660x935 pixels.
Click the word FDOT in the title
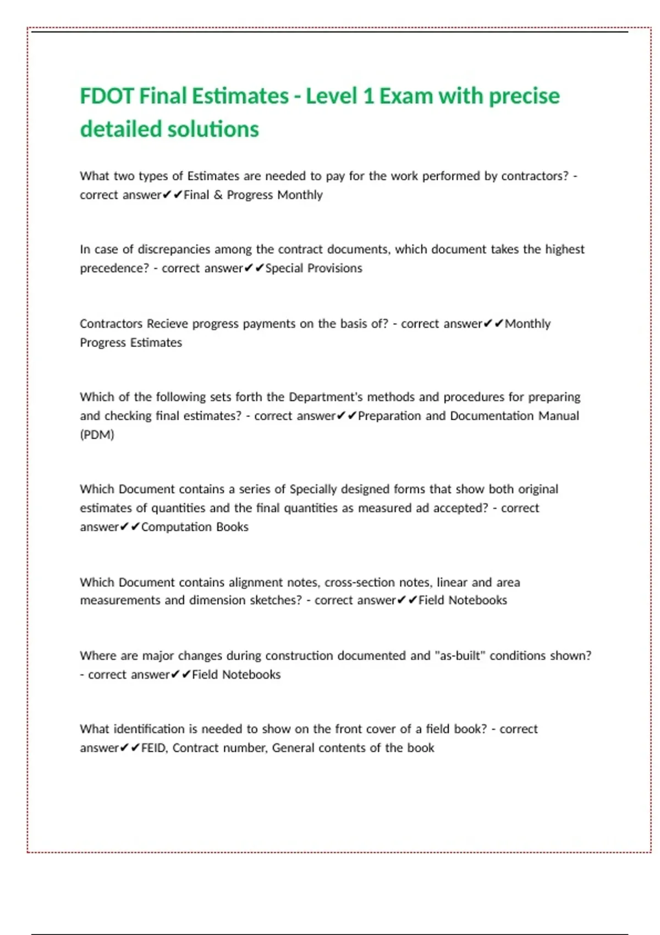(x=107, y=96)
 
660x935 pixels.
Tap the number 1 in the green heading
(x=368, y=96)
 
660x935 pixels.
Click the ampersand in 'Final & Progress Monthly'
(x=218, y=195)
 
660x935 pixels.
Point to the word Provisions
(x=334, y=268)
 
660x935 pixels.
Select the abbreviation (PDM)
(x=97, y=435)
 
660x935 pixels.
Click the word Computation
(x=176, y=527)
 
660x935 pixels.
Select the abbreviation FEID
(x=153, y=748)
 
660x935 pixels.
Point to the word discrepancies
(x=173, y=249)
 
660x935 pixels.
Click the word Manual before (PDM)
(x=558, y=416)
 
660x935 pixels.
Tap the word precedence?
(x=114, y=268)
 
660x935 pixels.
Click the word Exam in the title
(x=406, y=96)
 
